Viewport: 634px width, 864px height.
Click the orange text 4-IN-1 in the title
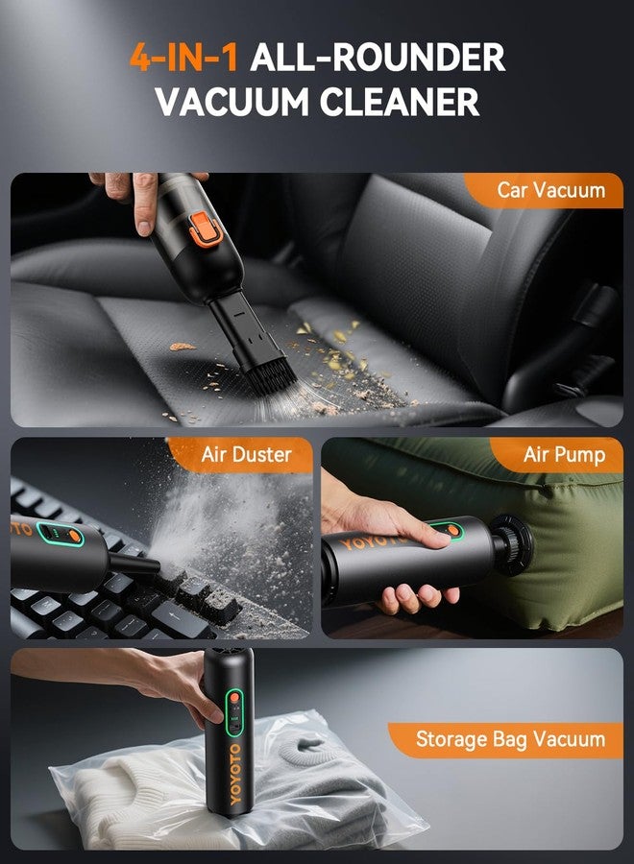click(x=183, y=57)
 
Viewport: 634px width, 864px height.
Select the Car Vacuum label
click(x=550, y=190)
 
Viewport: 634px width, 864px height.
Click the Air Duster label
click(x=246, y=455)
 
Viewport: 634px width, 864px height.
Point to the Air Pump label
click(x=564, y=455)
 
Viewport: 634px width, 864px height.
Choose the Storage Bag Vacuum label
click(x=510, y=739)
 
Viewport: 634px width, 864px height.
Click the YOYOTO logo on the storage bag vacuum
click(x=234, y=774)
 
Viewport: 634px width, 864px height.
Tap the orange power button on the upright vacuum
click(x=234, y=698)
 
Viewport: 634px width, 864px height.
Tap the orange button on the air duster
click(x=74, y=536)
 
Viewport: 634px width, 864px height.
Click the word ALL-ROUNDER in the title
click(x=378, y=57)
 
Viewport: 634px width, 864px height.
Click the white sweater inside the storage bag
click(x=137, y=794)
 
